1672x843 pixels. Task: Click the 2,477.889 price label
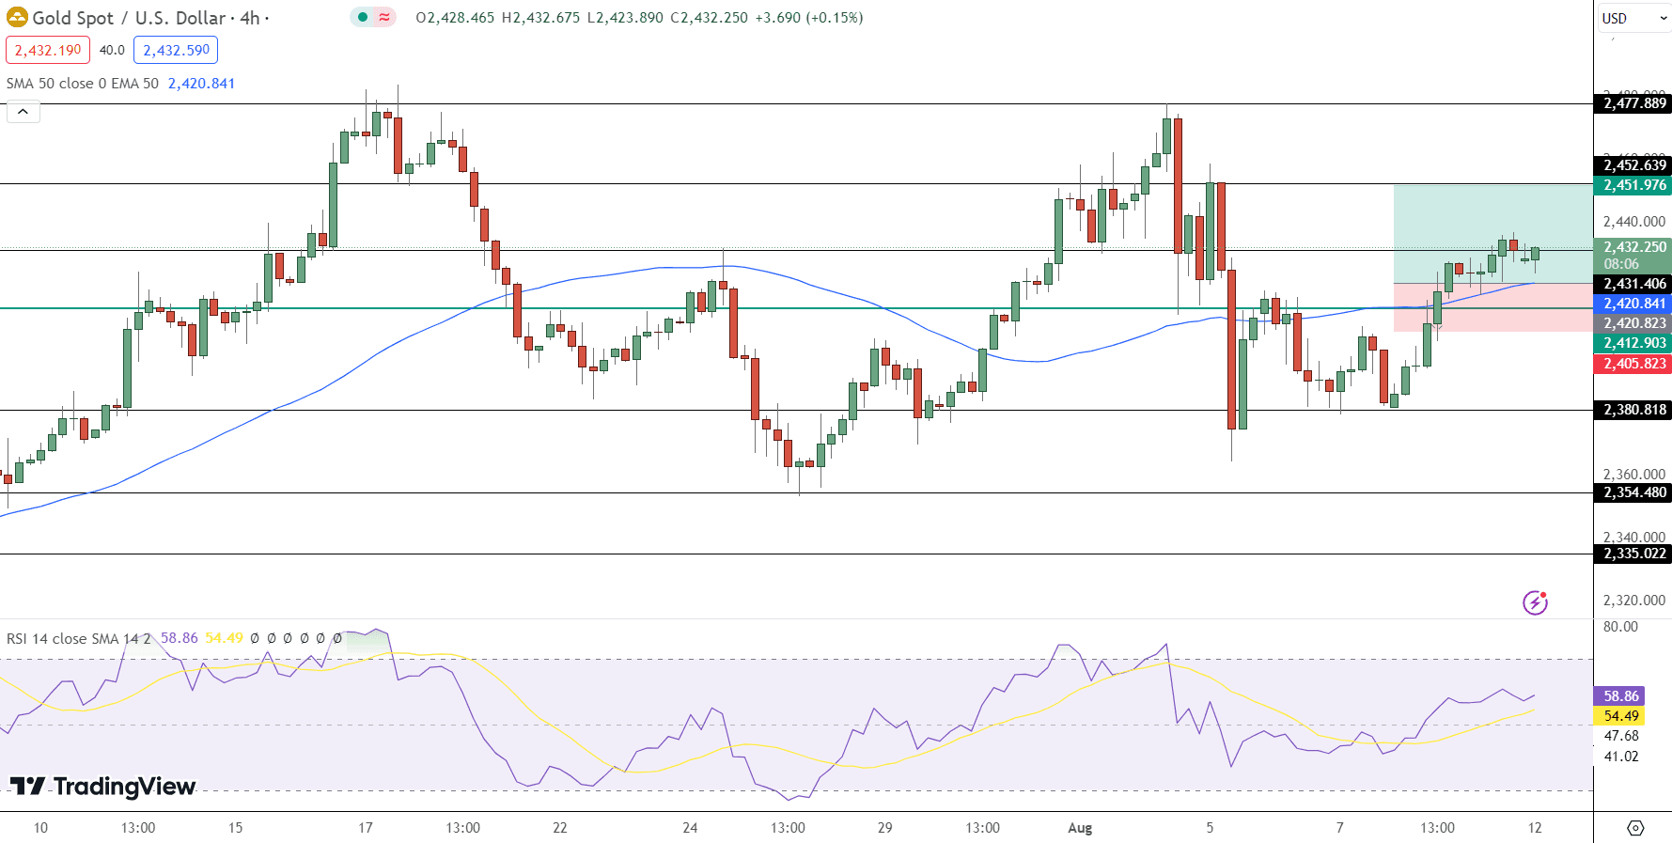click(1633, 103)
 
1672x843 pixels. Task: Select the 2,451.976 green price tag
click(1633, 185)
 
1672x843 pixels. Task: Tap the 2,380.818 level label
click(1633, 410)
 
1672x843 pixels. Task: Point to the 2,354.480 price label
click(1633, 492)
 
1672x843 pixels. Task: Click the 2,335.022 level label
click(1633, 554)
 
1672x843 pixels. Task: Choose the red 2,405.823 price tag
click(1633, 364)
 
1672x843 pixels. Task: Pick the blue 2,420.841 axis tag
click(1633, 304)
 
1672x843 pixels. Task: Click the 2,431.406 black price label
click(1633, 284)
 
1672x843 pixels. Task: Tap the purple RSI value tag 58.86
click(1620, 696)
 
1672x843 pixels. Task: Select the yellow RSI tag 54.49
click(1620, 716)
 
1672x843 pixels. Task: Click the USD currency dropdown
click(1633, 18)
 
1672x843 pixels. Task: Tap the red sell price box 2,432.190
click(48, 50)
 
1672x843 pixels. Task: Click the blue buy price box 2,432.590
click(176, 50)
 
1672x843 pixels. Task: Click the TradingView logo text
click(103, 786)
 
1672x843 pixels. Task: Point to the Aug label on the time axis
click(1080, 828)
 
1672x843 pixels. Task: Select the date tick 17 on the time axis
click(366, 828)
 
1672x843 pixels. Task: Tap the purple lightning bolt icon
click(1535, 602)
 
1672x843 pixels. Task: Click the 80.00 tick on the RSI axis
click(1620, 627)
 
